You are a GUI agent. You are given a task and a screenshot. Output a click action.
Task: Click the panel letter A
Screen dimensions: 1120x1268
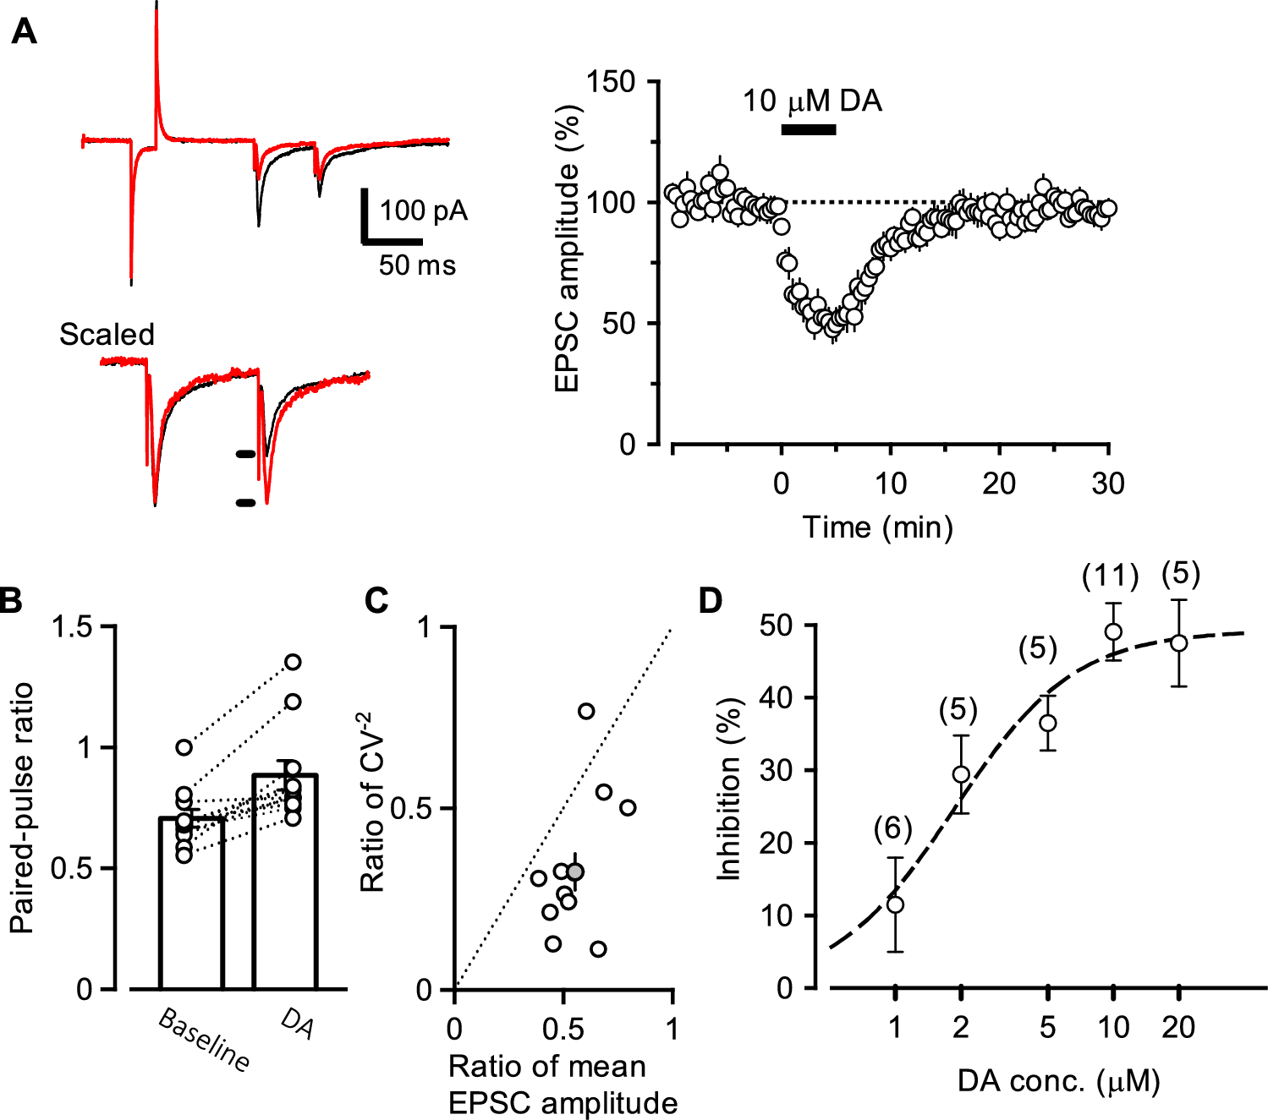pos(24,32)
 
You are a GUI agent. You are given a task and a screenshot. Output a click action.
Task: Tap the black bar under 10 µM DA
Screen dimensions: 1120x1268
pos(808,129)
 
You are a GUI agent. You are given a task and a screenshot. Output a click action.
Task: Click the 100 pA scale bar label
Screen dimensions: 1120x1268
pos(423,210)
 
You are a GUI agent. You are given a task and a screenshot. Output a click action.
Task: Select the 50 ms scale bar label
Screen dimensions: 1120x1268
pos(417,265)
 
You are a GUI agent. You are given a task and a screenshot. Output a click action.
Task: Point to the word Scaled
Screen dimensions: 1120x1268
pos(107,335)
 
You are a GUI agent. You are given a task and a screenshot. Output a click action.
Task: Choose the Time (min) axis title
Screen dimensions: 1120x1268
pos(877,527)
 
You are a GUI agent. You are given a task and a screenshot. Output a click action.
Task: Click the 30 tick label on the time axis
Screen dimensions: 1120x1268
pos(1107,484)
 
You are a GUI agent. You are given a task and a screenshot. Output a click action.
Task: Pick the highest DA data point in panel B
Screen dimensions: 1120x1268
pos(293,662)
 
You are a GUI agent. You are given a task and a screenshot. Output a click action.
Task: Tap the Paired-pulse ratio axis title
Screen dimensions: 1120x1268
pos(22,807)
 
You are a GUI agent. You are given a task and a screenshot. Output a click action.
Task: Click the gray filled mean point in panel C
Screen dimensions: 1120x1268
pos(575,871)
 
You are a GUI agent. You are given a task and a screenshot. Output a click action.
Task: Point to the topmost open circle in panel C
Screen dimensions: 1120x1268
pos(586,711)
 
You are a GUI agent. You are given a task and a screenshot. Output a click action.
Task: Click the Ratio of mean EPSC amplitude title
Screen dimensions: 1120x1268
pos(563,1084)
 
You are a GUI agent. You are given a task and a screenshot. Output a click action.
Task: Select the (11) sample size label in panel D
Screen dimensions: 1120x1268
pos(1110,576)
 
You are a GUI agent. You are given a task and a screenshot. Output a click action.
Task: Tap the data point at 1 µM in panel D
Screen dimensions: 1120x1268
pos(895,904)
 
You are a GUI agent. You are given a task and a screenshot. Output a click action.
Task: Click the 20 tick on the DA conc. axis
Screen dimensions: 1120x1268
pos(1177,1027)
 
